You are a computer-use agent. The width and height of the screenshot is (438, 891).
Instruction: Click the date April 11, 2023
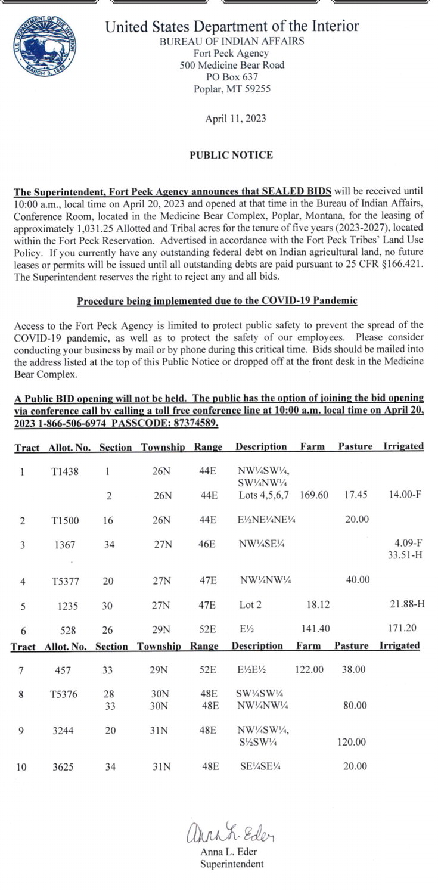pyautogui.click(x=235, y=119)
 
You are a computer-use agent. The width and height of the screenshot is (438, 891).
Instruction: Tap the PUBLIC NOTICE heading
pyautogui.click(x=231, y=155)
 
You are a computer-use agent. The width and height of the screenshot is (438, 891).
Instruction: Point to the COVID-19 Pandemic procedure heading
pyautogui.click(x=217, y=301)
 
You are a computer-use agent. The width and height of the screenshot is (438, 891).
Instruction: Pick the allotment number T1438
pyautogui.click(x=65, y=472)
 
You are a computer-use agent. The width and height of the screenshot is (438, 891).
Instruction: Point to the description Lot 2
pyautogui.click(x=250, y=604)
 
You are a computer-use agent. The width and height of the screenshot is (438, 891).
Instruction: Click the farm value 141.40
pyautogui.click(x=315, y=628)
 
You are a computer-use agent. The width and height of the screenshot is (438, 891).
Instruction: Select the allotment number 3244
pyautogui.click(x=63, y=730)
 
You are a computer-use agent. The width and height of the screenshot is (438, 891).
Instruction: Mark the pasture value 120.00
pyautogui.click(x=352, y=743)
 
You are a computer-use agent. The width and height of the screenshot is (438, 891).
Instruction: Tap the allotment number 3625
pyautogui.click(x=63, y=767)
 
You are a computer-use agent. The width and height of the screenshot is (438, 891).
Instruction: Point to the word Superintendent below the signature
pyautogui.click(x=231, y=864)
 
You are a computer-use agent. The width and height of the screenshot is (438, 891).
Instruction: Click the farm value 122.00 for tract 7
pyautogui.click(x=309, y=670)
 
